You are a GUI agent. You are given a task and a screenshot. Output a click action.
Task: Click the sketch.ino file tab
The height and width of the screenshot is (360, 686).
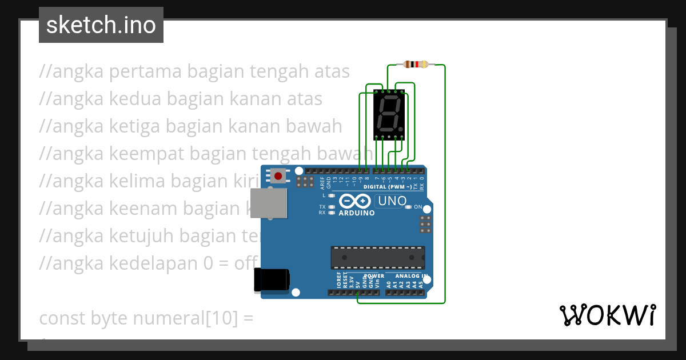pyautogui.click(x=101, y=25)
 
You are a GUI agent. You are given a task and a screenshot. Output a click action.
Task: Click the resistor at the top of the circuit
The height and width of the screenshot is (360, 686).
pyautogui.click(x=416, y=64)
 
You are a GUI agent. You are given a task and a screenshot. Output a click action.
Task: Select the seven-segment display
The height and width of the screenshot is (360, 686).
pyautogui.click(x=389, y=114)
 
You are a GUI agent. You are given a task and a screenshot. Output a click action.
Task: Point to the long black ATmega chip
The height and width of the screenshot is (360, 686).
pyautogui.click(x=378, y=257)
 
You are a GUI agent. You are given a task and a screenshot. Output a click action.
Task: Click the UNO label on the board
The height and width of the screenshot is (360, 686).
pyautogui.click(x=393, y=201)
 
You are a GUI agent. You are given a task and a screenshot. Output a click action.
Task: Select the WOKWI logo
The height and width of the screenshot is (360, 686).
pyautogui.click(x=607, y=315)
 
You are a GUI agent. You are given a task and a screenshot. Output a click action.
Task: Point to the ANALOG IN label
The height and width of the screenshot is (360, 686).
pyautogui.click(x=412, y=276)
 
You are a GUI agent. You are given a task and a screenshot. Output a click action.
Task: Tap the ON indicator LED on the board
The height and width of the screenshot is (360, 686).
pyautogui.click(x=408, y=207)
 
